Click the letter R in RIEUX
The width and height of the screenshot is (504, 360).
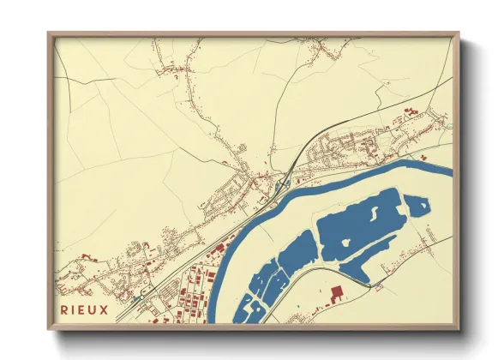(63, 310)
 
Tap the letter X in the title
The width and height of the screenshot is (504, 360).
(105, 310)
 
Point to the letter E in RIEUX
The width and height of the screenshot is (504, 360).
(82, 310)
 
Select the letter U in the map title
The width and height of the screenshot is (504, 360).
(93, 310)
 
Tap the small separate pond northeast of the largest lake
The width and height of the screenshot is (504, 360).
(417, 206)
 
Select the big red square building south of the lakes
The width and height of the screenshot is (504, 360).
(335, 294)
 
